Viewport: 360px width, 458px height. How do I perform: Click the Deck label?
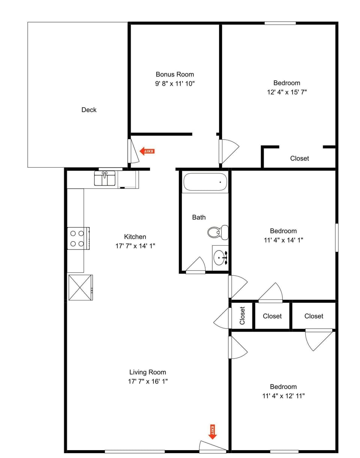(x=89, y=110)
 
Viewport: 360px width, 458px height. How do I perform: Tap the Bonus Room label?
(x=175, y=74)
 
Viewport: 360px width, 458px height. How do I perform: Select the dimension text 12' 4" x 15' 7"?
(x=287, y=92)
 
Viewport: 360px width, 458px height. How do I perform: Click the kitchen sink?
(x=105, y=178)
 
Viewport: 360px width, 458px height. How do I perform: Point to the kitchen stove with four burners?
(x=78, y=238)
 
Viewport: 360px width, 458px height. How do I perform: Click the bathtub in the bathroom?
(x=205, y=183)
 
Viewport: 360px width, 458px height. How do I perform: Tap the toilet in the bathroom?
(x=218, y=232)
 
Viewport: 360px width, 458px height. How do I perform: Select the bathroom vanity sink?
(x=220, y=258)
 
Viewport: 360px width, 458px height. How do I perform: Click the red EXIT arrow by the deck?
(x=147, y=151)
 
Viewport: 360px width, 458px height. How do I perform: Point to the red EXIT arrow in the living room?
(x=213, y=432)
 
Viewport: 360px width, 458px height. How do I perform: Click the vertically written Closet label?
(x=242, y=315)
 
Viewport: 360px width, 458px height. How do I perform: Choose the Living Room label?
(x=147, y=372)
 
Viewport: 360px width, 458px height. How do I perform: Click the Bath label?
(x=199, y=217)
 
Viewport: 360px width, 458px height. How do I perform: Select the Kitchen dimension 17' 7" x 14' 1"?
(x=135, y=246)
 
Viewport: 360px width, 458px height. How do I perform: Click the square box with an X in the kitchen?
(x=80, y=287)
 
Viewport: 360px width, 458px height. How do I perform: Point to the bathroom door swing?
(x=196, y=265)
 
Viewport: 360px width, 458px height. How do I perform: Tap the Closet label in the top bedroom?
(x=300, y=158)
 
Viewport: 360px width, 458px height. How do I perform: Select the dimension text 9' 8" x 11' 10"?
(x=175, y=83)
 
